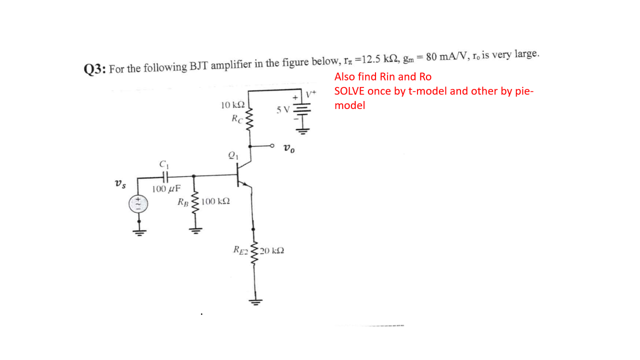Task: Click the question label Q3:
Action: (x=94, y=69)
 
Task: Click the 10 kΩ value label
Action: (x=232, y=105)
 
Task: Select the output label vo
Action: (x=288, y=148)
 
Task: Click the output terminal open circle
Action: (x=273, y=146)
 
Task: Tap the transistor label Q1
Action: (x=233, y=155)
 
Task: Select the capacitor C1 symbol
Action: (x=164, y=176)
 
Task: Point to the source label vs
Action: (x=120, y=183)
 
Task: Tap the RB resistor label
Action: (x=183, y=202)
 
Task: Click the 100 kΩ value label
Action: (x=216, y=201)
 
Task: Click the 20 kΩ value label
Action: (x=272, y=249)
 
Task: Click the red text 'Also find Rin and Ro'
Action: (x=382, y=77)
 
